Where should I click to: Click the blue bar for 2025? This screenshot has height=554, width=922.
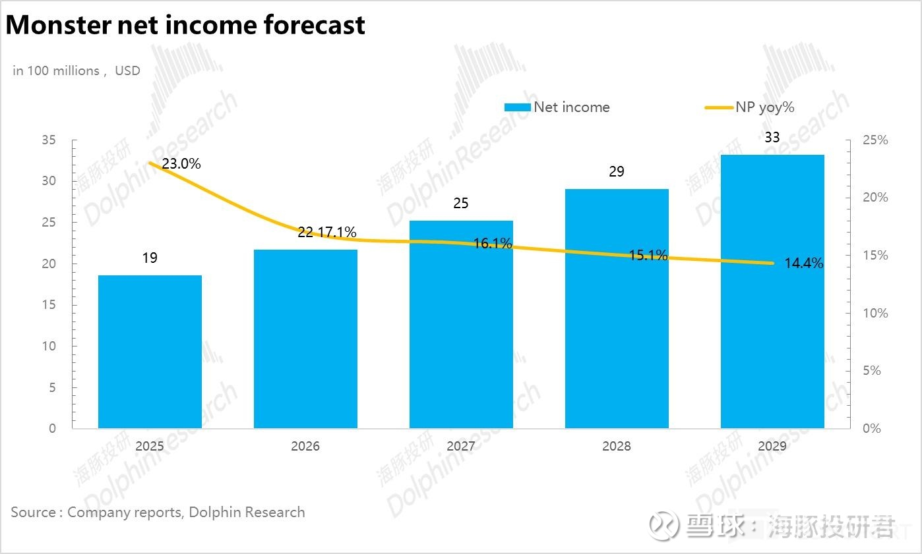(x=150, y=352)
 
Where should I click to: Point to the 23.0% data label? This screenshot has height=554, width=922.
(x=181, y=163)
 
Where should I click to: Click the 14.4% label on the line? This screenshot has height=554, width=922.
(x=803, y=263)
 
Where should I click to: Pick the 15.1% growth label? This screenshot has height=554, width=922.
(x=648, y=255)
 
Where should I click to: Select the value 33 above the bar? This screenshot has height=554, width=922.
(x=772, y=137)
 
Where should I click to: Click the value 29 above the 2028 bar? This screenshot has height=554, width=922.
(x=617, y=172)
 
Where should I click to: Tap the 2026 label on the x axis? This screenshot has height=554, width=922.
(x=305, y=446)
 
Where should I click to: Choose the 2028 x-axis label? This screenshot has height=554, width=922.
(x=617, y=446)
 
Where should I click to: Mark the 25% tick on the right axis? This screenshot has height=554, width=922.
(x=875, y=140)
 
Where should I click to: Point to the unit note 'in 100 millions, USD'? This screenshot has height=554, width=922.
(x=77, y=70)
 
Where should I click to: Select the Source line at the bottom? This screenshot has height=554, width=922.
(x=158, y=512)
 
